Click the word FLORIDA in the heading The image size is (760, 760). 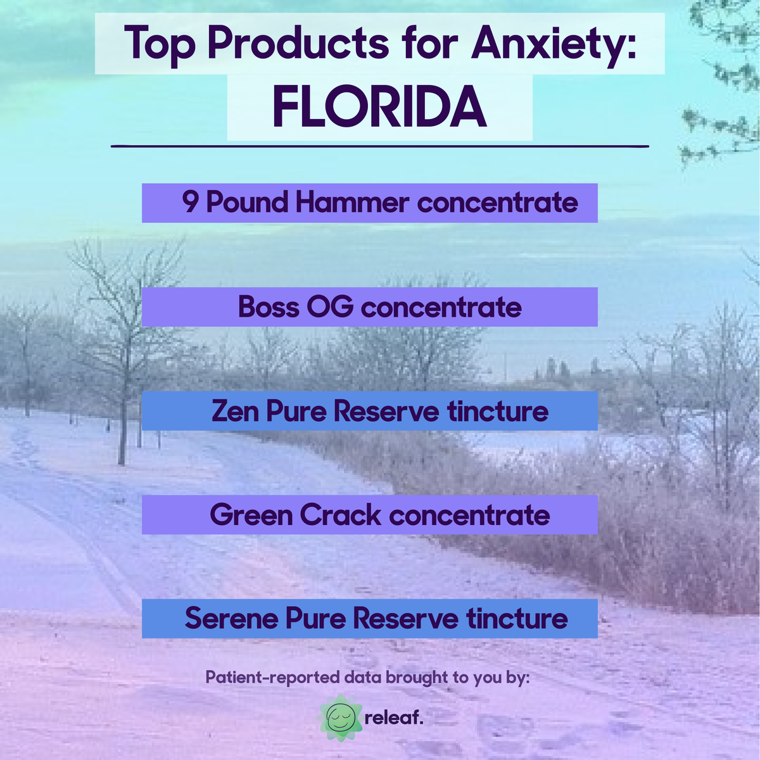(379, 107)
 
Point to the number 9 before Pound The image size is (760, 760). (189, 203)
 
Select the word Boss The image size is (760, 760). (269, 307)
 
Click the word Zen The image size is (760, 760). (235, 411)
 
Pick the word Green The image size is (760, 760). (250, 515)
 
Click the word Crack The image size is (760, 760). (341, 515)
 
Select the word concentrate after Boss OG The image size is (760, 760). (441, 307)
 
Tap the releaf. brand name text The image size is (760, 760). (394, 718)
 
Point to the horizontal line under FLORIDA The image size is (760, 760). (380, 146)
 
